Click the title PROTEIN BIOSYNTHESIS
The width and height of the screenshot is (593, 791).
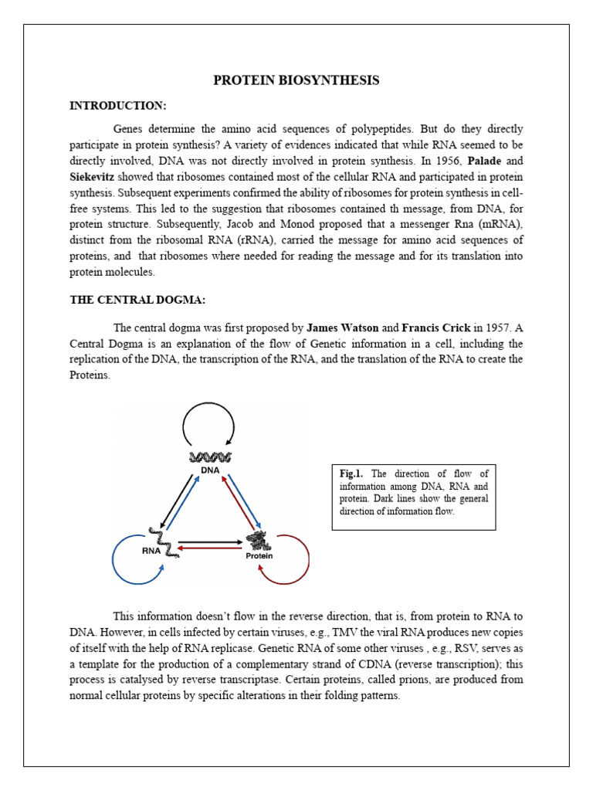click(296, 80)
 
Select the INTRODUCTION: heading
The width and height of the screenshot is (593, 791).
click(117, 105)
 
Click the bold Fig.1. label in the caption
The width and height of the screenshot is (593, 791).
click(351, 474)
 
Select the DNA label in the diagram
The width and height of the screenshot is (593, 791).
click(209, 469)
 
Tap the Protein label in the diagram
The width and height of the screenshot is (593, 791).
click(259, 555)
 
